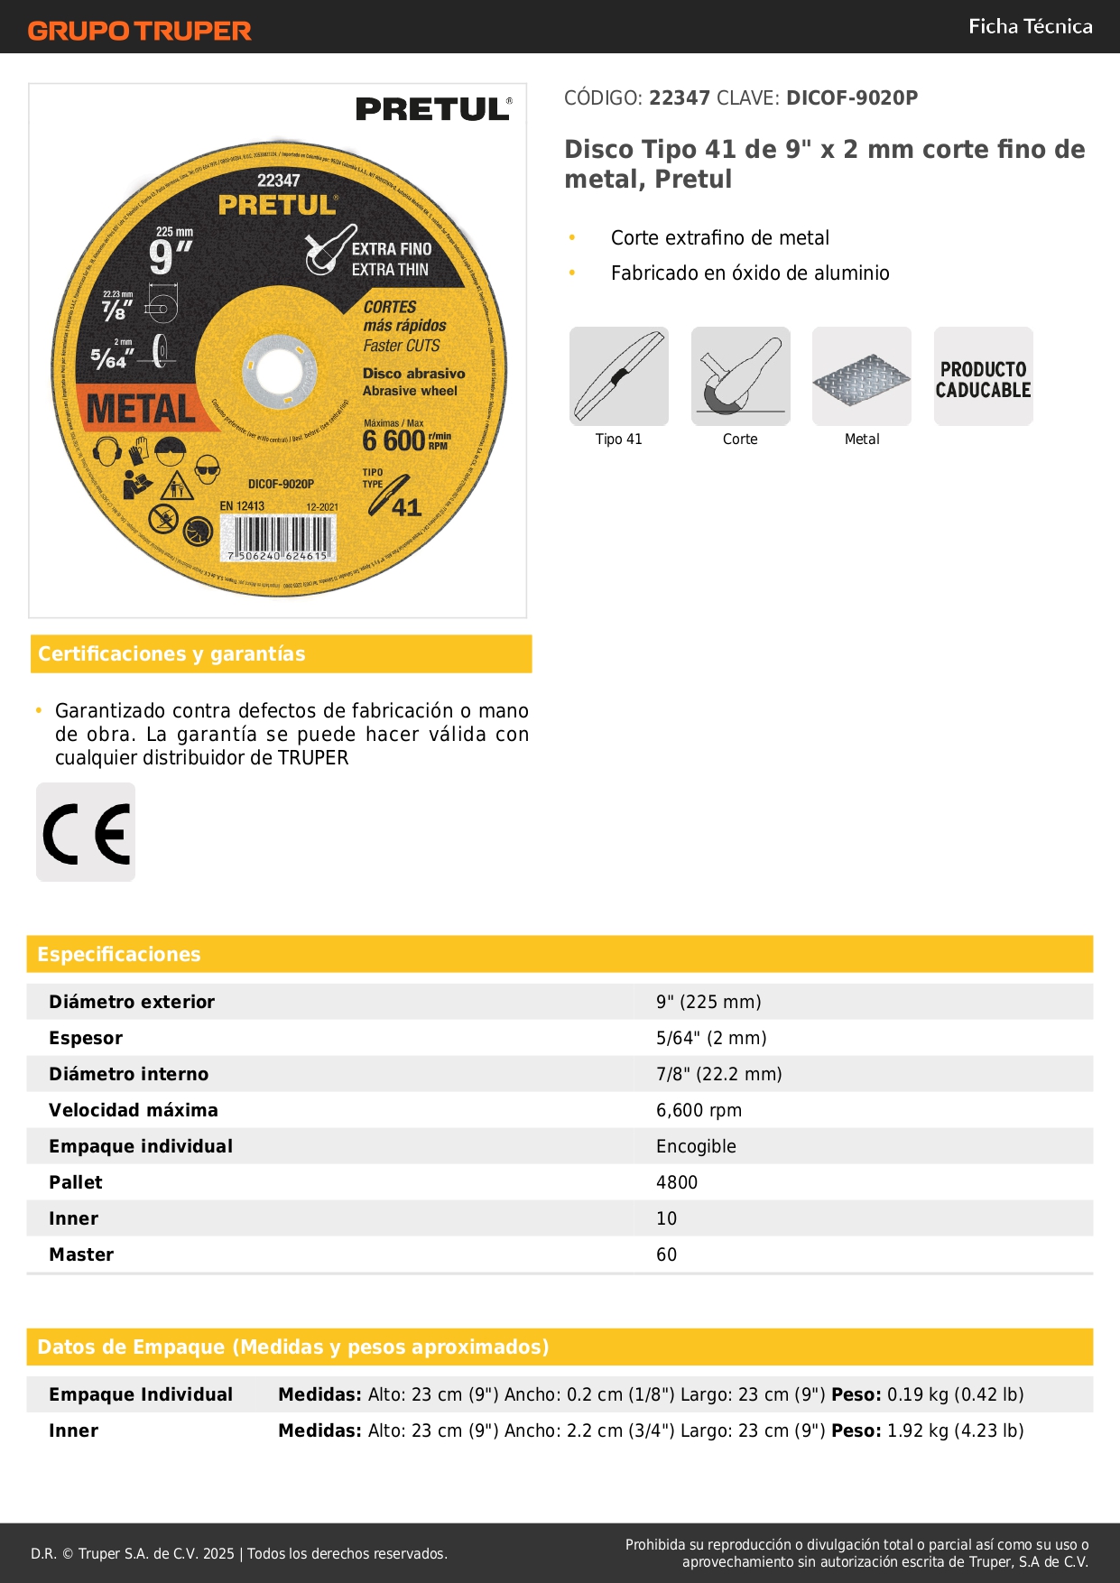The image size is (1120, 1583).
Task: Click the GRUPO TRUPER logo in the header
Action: click(139, 31)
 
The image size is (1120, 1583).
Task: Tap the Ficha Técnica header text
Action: click(1030, 26)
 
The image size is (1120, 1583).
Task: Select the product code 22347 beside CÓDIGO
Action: click(680, 97)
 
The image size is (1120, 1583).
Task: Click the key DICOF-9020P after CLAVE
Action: click(851, 97)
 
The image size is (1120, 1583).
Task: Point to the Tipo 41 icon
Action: click(619, 376)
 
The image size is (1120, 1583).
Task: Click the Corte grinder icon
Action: click(740, 376)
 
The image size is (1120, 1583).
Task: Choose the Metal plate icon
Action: click(862, 376)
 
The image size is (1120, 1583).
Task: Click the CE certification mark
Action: click(86, 832)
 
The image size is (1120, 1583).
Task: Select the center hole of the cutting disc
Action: click(278, 370)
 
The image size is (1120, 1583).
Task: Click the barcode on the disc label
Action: click(278, 539)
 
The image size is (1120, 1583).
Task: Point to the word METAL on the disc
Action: click(141, 409)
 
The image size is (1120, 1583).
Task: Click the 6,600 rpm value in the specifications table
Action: click(699, 1110)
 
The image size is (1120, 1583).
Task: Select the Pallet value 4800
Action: click(677, 1182)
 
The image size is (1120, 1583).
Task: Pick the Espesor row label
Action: click(86, 1038)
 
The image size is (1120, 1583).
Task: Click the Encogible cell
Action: click(696, 1146)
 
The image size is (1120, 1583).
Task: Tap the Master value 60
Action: click(666, 1254)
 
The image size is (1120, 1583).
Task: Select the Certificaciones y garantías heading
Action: click(171, 653)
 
